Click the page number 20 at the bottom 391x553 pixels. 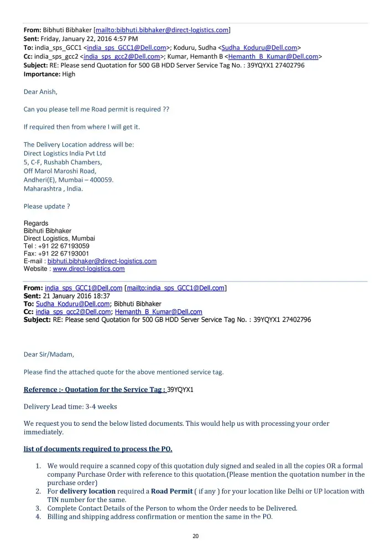coord(195,536)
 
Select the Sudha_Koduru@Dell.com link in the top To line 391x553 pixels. coord(259,48)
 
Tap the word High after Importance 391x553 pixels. coord(69,74)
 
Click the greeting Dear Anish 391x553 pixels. coord(40,92)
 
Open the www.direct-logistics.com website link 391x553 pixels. coord(88,269)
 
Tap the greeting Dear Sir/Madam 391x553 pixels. coord(49,354)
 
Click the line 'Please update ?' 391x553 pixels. coord(46,206)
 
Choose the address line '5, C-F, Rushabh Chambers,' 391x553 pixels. coord(62,162)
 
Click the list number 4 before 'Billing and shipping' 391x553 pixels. coord(38,517)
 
